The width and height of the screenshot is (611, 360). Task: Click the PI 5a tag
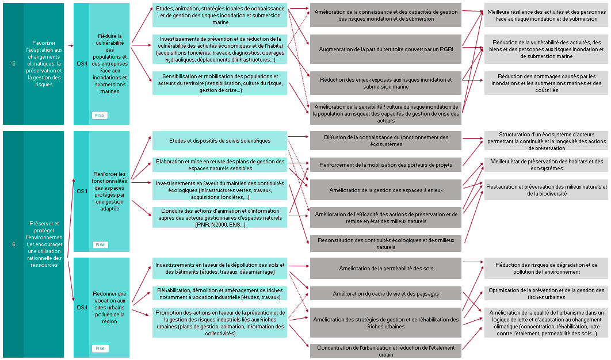tap(100, 116)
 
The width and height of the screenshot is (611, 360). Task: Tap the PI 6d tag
tap(100, 244)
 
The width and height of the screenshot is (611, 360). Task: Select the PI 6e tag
tap(100, 348)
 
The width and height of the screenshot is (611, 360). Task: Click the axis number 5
tap(13, 63)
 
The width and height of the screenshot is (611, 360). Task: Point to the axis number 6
tap(13, 244)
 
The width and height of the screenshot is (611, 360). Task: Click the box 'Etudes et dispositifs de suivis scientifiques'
tap(220, 141)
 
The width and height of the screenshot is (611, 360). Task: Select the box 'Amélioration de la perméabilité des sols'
tap(385, 268)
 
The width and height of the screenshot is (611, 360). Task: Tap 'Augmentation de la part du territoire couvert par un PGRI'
tap(385, 49)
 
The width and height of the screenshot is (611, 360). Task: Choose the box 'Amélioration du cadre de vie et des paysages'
tap(385, 294)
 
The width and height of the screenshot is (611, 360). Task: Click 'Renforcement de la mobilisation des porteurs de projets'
tap(385, 165)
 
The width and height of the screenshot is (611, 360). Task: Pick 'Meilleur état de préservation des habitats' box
tap(546, 165)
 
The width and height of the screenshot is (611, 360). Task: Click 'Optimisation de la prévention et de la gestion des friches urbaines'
tap(546, 294)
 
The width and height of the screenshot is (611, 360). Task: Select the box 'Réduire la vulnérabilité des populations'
tap(109, 63)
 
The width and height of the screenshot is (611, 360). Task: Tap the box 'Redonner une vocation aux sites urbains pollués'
tap(109, 308)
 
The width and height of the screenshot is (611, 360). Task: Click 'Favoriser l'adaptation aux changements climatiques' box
tap(43, 63)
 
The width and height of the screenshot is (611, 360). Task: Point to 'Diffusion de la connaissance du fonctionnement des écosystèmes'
tap(385, 141)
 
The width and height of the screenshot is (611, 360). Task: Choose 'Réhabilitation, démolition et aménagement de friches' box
tap(220, 294)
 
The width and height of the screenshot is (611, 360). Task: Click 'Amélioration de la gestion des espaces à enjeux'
tap(385, 190)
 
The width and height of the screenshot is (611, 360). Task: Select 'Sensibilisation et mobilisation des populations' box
tap(220, 83)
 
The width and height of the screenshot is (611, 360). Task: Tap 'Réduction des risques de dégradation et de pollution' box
tap(546, 268)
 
